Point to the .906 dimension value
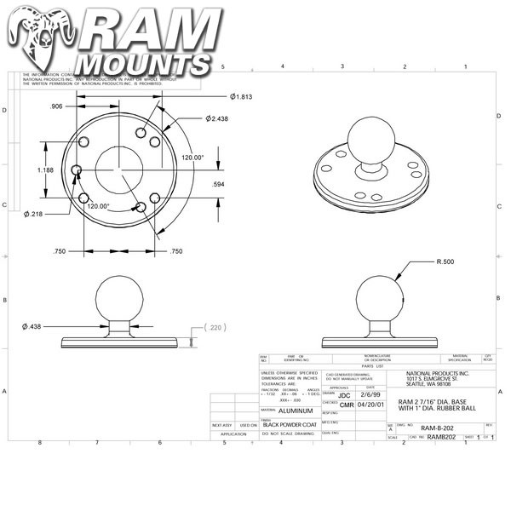pyautogui.click(x=55, y=106)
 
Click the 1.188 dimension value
pyautogui.click(x=47, y=170)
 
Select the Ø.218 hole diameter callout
pyautogui.click(x=34, y=213)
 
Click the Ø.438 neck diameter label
pyautogui.click(x=34, y=326)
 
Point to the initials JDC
pyautogui.click(x=344, y=395)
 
